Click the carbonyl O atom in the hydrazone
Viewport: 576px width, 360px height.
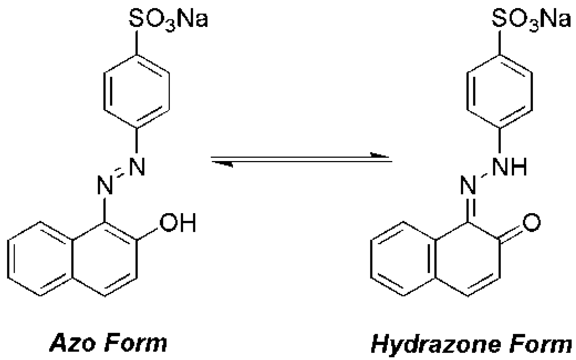(531, 222)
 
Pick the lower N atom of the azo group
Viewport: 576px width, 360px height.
(105, 185)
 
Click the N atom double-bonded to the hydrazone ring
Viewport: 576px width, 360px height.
(468, 185)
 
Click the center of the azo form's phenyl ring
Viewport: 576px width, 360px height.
(137, 91)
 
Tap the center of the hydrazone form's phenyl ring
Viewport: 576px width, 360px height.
(500, 91)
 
